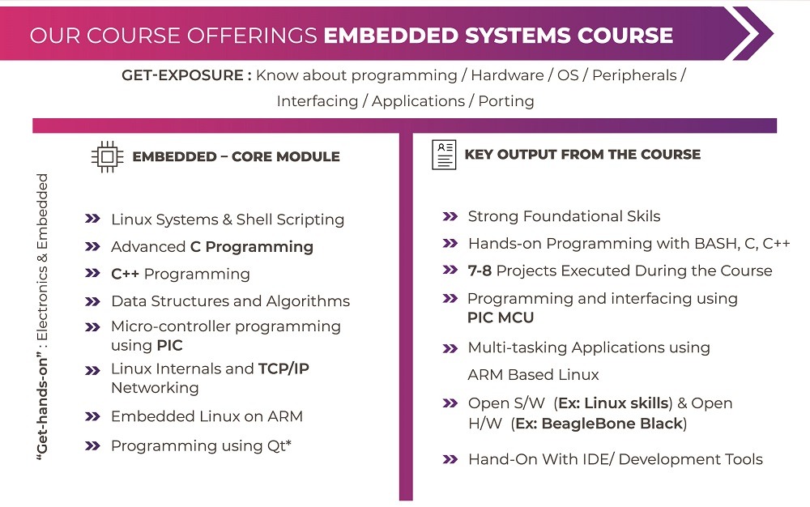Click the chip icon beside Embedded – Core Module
[x=106, y=157]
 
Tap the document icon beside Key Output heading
[x=445, y=155]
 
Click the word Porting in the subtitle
[x=506, y=101]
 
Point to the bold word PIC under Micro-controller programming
[x=170, y=346]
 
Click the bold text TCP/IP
[x=283, y=369]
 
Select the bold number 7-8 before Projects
[x=480, y=271]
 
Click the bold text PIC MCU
[x=501, y=317]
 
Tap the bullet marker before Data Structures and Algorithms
[x=92, y=301]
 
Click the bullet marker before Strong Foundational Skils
[x=450, y=216]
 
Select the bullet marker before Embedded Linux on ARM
[x=92, y=416]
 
